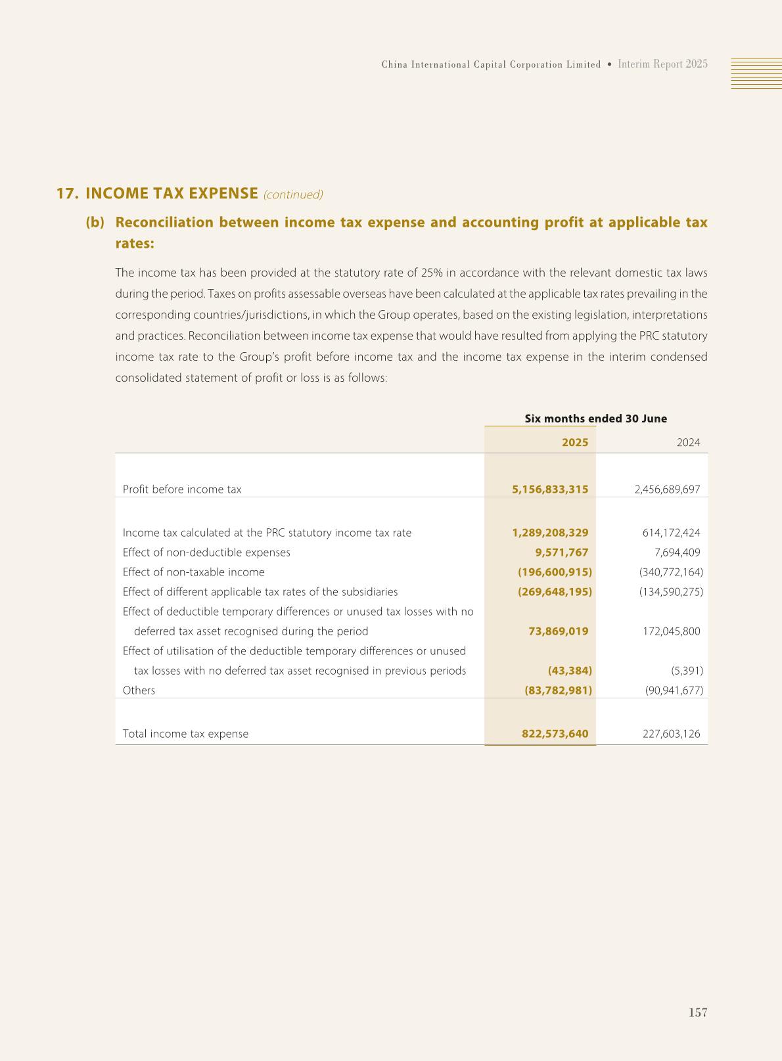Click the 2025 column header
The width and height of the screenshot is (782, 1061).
575,443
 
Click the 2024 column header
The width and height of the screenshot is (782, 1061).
688,443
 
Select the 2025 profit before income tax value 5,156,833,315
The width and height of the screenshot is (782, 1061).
550,489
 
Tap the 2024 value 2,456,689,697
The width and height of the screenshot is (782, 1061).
667,489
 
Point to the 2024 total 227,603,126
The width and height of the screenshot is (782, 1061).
671,734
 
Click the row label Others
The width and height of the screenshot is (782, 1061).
139,690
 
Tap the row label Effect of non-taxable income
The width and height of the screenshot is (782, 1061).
194,572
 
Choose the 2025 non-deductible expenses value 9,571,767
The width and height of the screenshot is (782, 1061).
561,553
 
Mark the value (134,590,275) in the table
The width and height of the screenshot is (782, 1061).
671,592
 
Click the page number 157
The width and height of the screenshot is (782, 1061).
698,1012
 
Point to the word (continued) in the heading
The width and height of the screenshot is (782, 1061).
293,194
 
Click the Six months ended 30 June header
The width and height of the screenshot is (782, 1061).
595,418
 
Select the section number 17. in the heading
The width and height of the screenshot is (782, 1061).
68,194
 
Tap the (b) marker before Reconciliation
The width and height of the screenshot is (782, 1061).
95,222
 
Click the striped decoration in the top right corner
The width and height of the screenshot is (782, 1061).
756,73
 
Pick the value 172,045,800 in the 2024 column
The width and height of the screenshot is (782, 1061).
671,631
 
